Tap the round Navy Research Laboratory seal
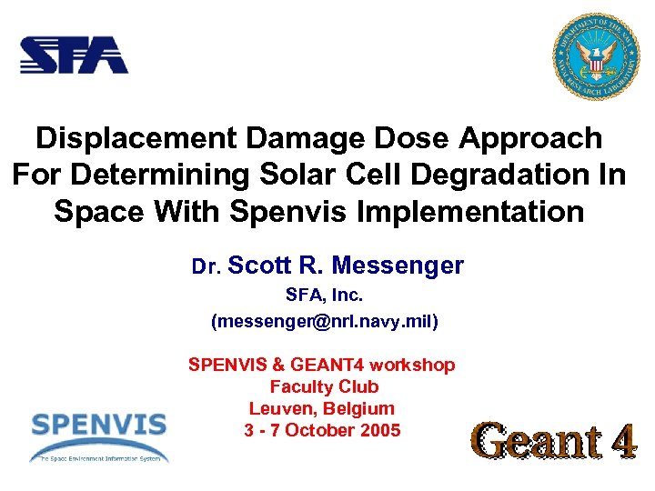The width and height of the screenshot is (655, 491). click(x=597, y=57)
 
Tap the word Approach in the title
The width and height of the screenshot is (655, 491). click(x=531, y=138)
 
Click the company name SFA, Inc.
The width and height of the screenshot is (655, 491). click(x=324, y=296)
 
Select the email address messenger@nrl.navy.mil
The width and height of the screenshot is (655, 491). click(x=324, y=321)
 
